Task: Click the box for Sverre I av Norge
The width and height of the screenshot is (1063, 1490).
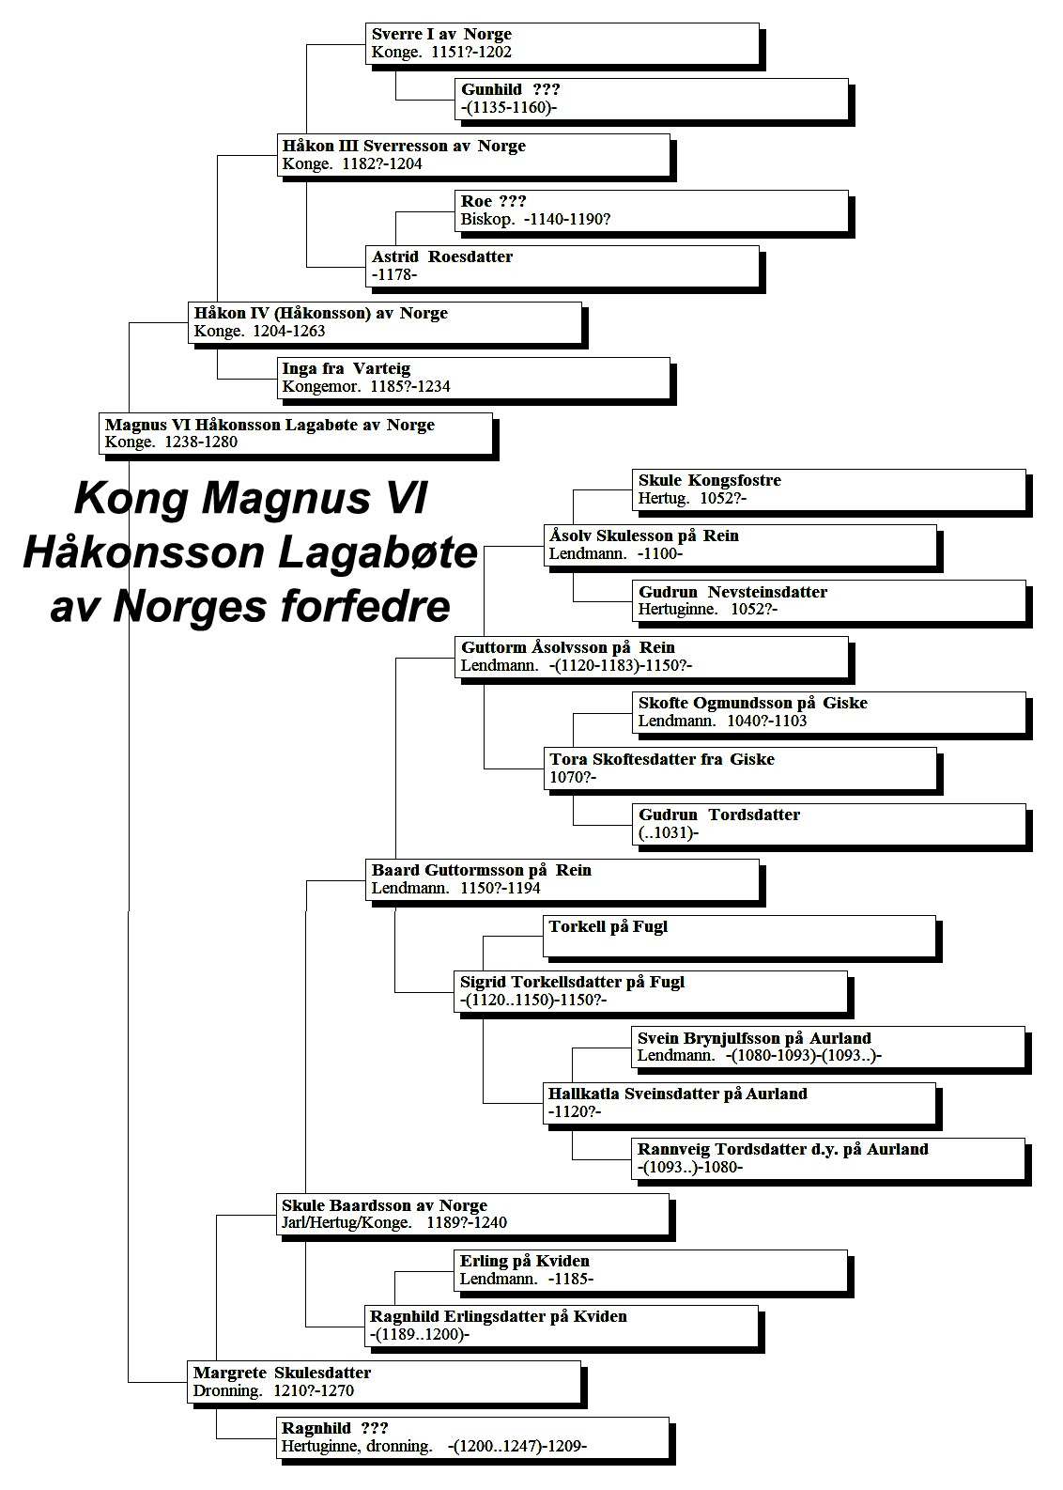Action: pos(562,44)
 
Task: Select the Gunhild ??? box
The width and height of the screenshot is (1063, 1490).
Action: pos(652,99)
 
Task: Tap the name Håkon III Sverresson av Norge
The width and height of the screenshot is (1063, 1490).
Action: pos(404,146)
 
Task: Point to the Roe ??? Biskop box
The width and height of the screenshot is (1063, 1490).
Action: pos(652,210)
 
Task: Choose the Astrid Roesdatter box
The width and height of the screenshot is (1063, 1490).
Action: pos(562,267)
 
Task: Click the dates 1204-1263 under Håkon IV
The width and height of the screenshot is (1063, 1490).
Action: pos(289,332)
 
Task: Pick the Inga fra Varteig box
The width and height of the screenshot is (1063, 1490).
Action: pos(473,379)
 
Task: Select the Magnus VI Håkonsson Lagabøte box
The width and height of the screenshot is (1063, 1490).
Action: pos(296,434)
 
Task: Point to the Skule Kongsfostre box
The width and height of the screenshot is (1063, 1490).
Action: pos(829,490)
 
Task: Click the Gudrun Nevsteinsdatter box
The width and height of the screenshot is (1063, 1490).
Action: pos(829,601)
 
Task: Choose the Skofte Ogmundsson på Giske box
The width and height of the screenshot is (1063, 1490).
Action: pos(829,713)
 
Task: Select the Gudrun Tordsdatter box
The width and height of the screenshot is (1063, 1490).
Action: pos(829,825)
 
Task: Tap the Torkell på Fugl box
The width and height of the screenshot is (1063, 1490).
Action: pos(740,937)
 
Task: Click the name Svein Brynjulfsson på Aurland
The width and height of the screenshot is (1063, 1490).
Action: pos(754,1038)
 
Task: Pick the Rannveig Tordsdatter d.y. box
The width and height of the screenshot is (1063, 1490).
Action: pos(828,1159)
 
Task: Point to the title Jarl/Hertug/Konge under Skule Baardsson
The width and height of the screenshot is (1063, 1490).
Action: pos(346,1223)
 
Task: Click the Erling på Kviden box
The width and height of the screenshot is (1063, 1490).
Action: pos(652,1271)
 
